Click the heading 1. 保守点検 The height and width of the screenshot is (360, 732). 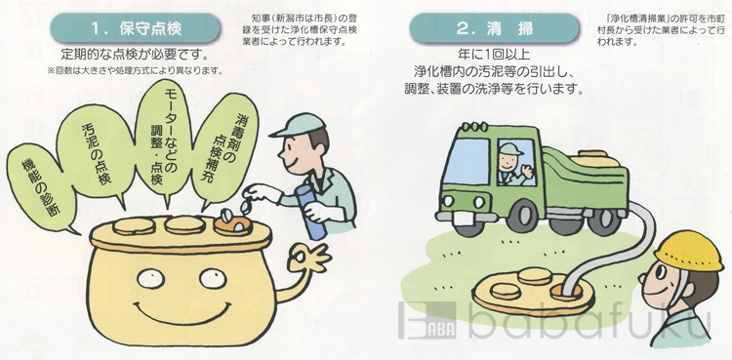click(135, 28)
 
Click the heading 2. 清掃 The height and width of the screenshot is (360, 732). click(495, 28)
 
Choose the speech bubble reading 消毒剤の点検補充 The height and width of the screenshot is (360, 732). click(224, 149)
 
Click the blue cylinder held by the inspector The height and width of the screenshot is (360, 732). click(310, 211)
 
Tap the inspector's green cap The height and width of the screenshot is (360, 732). click(297, 125)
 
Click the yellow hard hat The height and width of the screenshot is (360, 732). click(689, 251)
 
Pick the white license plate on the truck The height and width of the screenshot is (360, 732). click(468, 218)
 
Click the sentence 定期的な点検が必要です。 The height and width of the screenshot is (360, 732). click(135, 55)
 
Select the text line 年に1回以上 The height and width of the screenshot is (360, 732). click(495, 55)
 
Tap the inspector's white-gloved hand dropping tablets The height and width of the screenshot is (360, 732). click(264, 193)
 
